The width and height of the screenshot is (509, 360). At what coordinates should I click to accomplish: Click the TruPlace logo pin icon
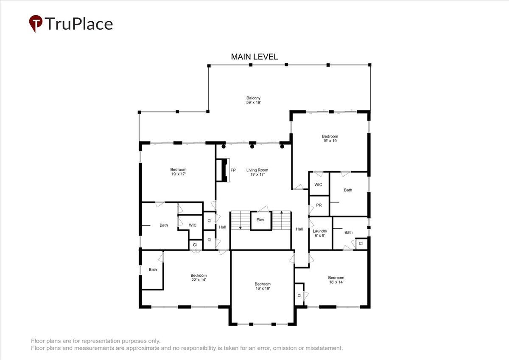(x=36, y=23)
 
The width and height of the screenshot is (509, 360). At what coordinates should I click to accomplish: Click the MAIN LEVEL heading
(x=254, y=57)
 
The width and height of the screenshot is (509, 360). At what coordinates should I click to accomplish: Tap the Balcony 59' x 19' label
(x=253, y=100)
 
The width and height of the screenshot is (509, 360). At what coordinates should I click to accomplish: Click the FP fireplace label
(x=233, y=170)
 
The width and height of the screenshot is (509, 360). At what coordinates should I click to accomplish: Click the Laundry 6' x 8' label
(x=320, y=233)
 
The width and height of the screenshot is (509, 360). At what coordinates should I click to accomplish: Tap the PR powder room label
(x=319, y=205)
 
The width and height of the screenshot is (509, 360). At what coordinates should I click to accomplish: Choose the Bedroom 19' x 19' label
(x=330, y=138)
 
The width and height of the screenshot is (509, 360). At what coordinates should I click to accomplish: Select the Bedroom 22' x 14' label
(x=199, y=278)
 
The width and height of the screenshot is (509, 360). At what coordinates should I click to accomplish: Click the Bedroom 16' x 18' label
(x=263, y=286)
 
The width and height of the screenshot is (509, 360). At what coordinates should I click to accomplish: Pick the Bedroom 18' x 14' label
(x=336, y=280)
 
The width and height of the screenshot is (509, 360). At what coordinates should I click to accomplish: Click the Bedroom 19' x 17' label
(x=179, y=172)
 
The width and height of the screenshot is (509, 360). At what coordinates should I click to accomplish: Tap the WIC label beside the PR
(x=318, y=184)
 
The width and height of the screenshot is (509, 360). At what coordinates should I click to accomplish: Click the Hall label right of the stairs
(x=299, y=229)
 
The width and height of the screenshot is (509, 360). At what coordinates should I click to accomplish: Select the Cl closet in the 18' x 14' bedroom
(x=299, y=295)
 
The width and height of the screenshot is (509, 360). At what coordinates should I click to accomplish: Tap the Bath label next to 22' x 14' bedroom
(x=153, y=270)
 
